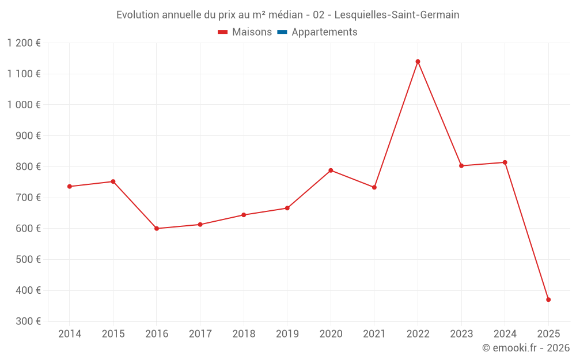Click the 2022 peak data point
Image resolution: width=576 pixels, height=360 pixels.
coord(418,62)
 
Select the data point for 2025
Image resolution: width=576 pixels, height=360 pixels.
coord(548,300)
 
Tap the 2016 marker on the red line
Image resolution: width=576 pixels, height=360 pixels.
coord(157,229)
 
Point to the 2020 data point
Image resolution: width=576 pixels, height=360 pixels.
coord(331,170)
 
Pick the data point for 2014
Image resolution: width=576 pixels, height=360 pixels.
coord(70,187)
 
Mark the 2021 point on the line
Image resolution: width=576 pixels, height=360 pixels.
coord(374,187)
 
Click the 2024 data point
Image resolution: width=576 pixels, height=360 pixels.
coord(505,162)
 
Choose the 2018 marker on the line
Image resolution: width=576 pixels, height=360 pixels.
coord(244,215)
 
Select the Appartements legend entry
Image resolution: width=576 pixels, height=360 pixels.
coord(324,32)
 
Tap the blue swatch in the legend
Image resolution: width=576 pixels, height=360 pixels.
coord(282,32)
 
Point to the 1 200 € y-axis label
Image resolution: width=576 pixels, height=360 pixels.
coord(24,43)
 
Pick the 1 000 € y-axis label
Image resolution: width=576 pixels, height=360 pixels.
coord(24,105)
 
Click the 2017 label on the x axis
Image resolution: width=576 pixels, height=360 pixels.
coord(200,334)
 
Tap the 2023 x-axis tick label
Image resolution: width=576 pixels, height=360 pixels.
coord(461,334)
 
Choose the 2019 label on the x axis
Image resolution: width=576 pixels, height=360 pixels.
coord(287,334)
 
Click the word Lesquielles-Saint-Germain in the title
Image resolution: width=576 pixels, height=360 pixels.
coord(397,15)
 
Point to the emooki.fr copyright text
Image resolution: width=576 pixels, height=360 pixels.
coord(526,348)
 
